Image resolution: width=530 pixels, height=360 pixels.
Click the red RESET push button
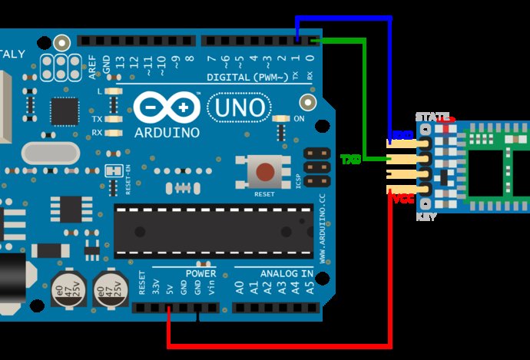[x=266, y=171]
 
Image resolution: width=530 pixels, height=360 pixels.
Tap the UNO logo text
[x=239, y=107]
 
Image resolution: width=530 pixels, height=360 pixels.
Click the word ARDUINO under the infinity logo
[x=167, y=132]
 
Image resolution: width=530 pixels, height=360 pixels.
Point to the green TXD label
[x=351, y=160]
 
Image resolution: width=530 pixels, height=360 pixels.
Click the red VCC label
[x=403, y=199]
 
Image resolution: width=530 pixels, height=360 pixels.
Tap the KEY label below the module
[x=426, y=217]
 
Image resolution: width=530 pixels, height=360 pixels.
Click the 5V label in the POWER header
[x=169, y=289]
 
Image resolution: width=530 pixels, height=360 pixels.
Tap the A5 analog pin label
[x=310, y=288]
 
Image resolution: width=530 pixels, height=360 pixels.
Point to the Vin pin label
[x=210, y=288]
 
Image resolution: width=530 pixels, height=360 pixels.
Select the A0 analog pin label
[x=240, y=288]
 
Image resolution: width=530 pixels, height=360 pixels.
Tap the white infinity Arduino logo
[x=167, y=108]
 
